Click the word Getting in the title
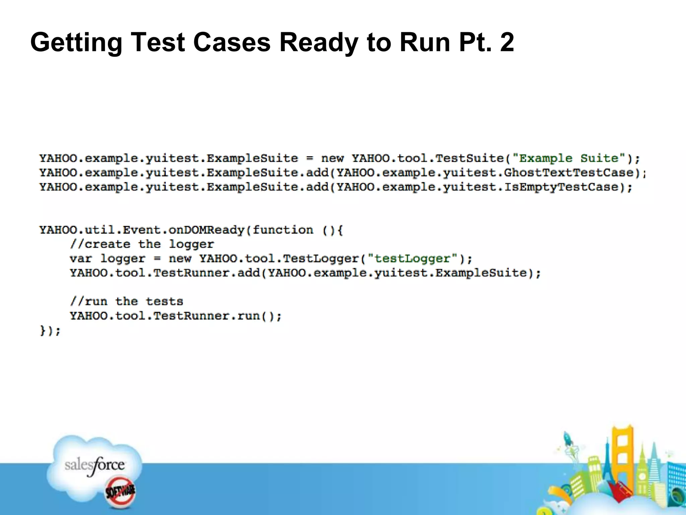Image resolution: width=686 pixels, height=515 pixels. coord(76,43)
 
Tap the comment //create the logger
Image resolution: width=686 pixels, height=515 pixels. coord(142,244)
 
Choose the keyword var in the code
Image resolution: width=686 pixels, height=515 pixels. coord(80,259)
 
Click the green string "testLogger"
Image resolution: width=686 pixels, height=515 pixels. coord(412,259)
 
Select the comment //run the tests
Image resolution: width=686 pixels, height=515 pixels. coord(127,301)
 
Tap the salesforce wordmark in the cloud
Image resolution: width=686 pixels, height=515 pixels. coord(94,465)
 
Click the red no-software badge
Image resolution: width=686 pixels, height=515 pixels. coord(120,492)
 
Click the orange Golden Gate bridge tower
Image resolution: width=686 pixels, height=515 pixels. coord(622,456)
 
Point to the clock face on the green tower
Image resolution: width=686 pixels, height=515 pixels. coord(642,476)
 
